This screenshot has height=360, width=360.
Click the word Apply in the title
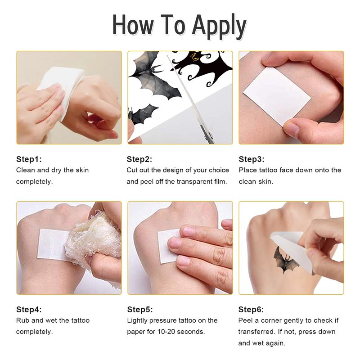219,27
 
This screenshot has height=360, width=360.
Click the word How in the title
133,25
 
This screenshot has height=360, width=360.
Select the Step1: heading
29,159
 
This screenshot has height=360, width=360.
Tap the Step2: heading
139,159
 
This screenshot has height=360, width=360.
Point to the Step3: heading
252,159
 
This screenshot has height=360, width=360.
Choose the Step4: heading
29,309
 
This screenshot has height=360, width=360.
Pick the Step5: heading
140,309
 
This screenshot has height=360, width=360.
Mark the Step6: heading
251,309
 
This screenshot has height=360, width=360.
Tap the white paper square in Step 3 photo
277,96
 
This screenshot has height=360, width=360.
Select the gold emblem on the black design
194,57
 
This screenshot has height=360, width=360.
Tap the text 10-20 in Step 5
166,332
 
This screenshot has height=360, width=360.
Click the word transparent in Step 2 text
194,182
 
